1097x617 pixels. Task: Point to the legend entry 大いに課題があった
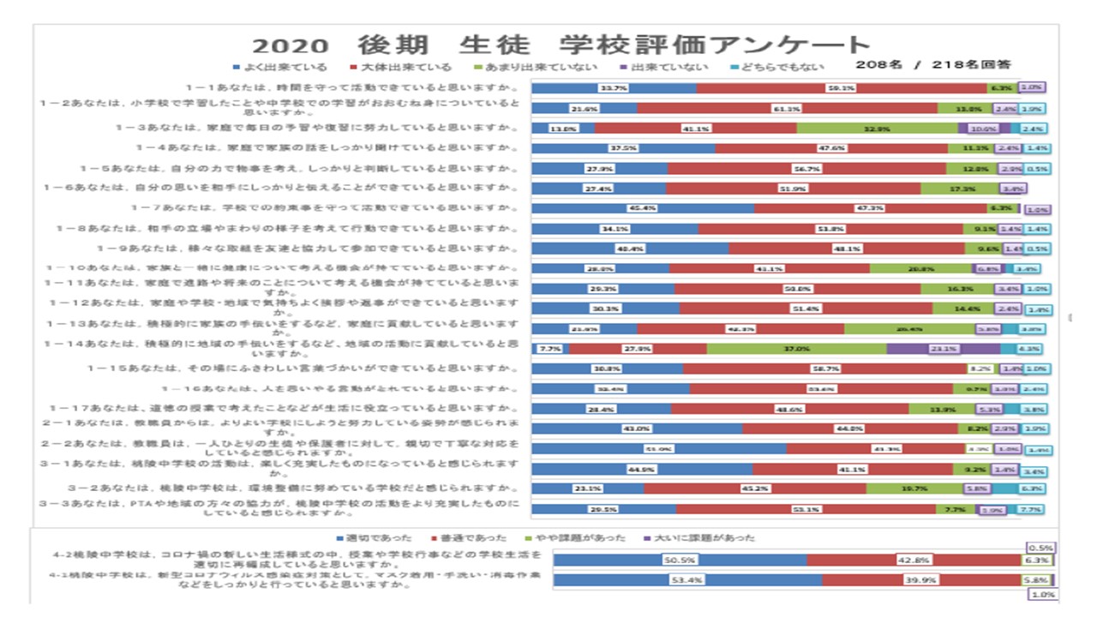[x=698, y=537]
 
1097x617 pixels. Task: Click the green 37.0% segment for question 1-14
[x=796, y=349]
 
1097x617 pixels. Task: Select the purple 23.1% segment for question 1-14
[x=943, y=349]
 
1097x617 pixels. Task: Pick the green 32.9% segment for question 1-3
[x=877, y=129]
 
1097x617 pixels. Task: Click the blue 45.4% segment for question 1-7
[x=643, y=208]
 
